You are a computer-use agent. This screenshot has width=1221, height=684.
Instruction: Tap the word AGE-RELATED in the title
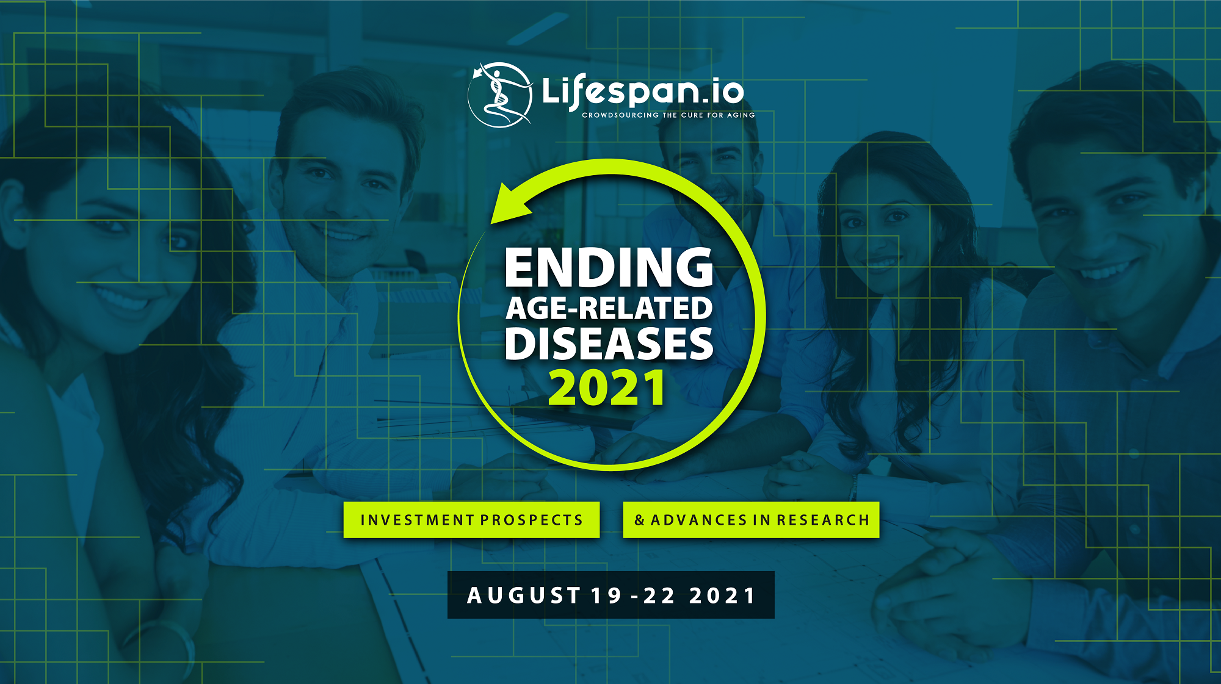609,308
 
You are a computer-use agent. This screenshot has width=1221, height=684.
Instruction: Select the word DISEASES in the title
609,344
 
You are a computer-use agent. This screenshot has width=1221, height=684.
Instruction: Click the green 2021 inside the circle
607,388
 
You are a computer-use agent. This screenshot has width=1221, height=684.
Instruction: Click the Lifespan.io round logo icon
500,95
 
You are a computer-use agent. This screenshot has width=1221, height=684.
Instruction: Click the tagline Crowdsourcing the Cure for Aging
668,115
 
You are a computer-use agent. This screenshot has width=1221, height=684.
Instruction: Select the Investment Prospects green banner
471,520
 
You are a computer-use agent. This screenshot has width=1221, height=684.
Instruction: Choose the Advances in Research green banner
751,520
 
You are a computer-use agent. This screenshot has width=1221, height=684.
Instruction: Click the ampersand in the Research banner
639,520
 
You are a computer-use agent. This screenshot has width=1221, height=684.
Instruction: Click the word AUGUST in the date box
523,596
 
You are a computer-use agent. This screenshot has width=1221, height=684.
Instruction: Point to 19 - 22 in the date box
633,596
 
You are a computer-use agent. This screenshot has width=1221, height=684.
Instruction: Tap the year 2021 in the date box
722,596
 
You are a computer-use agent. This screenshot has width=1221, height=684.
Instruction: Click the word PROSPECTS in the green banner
532,520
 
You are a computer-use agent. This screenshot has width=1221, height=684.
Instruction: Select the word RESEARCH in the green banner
823,520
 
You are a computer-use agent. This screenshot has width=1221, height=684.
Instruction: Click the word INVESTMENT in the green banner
417,520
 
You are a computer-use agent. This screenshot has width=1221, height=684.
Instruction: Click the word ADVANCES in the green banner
698,520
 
